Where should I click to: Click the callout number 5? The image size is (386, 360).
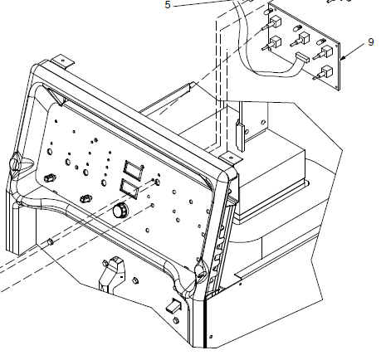click(x=168, y=5)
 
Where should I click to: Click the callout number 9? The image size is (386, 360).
click(x=371, y=42)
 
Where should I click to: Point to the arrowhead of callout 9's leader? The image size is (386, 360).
click(x=342, y=58)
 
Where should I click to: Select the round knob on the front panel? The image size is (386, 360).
click(x=120, y=210)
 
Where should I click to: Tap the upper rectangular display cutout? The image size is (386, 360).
click(x=133, y=168)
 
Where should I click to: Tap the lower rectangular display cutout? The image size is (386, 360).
click(x=129, y=188)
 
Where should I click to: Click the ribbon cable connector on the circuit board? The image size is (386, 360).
click(x=302, y=57)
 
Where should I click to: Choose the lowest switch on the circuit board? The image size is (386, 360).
click(x=323, y=73)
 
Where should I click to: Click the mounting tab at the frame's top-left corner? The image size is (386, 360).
click(x=63, y=61)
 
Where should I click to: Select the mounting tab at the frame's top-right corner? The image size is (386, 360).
click(x=231, y=158)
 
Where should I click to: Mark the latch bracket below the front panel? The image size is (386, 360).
click(x=112, y=274)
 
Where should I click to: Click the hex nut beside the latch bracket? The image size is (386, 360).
click(x=134, y=280)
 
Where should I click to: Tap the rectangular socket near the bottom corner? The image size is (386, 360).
click(x=173, y=305)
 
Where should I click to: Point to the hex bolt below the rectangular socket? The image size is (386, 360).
click(x=175, y=321)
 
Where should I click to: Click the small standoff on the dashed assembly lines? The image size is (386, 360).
click(x=51, y=241)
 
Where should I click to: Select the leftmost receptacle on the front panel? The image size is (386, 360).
click(x=50, y=178)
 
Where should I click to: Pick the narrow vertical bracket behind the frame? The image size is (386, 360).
click(x=240, y=135)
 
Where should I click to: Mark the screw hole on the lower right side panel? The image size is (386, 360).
click(x=211, y=337)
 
